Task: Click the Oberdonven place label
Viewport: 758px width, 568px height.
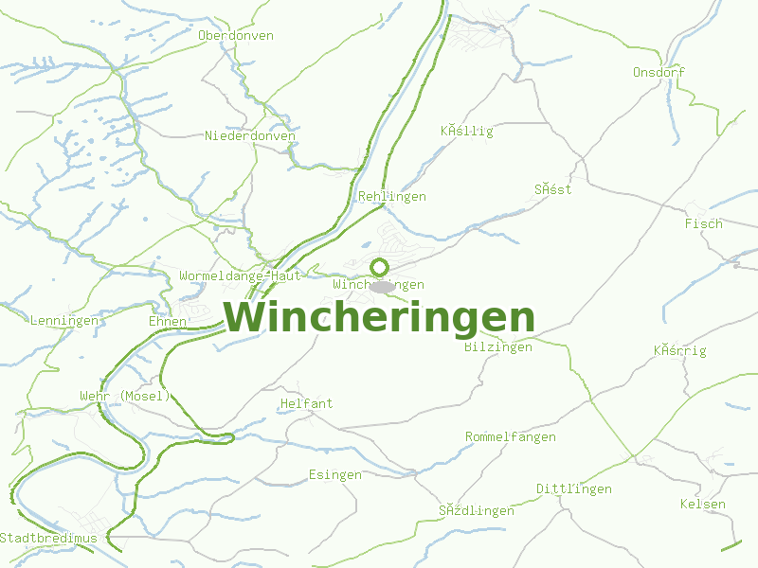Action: click(236, 36)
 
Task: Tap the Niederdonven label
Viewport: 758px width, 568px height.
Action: click(250, 136)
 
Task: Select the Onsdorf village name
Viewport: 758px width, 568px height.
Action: click(659, 72)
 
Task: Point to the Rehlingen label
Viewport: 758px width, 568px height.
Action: click(392, 197)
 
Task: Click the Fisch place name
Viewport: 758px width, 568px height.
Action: click(703, 224)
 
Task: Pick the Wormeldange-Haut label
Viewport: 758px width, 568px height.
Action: click(240, 276)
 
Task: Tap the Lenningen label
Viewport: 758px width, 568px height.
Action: click(64, 321)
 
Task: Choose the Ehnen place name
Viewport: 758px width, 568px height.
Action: click(168, 322)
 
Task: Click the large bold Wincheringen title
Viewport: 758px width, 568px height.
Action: click(379, 318)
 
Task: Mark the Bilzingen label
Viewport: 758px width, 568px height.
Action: click(498, 347)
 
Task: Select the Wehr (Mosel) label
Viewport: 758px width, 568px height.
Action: click(125, 396)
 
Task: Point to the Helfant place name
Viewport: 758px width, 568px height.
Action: click(307, 404)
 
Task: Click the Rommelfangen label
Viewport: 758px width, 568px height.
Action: click(510, 437)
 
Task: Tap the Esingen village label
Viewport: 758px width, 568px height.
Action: click(335, 475)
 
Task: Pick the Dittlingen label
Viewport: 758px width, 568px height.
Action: click(574, 489)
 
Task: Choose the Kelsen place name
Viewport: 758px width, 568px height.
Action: click(703, 505)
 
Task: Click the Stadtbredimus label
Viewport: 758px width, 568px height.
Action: click(48, 539)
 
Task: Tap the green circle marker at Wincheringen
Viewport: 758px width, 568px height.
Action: click(380, 267)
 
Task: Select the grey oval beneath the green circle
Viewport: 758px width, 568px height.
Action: click(383, 286)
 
